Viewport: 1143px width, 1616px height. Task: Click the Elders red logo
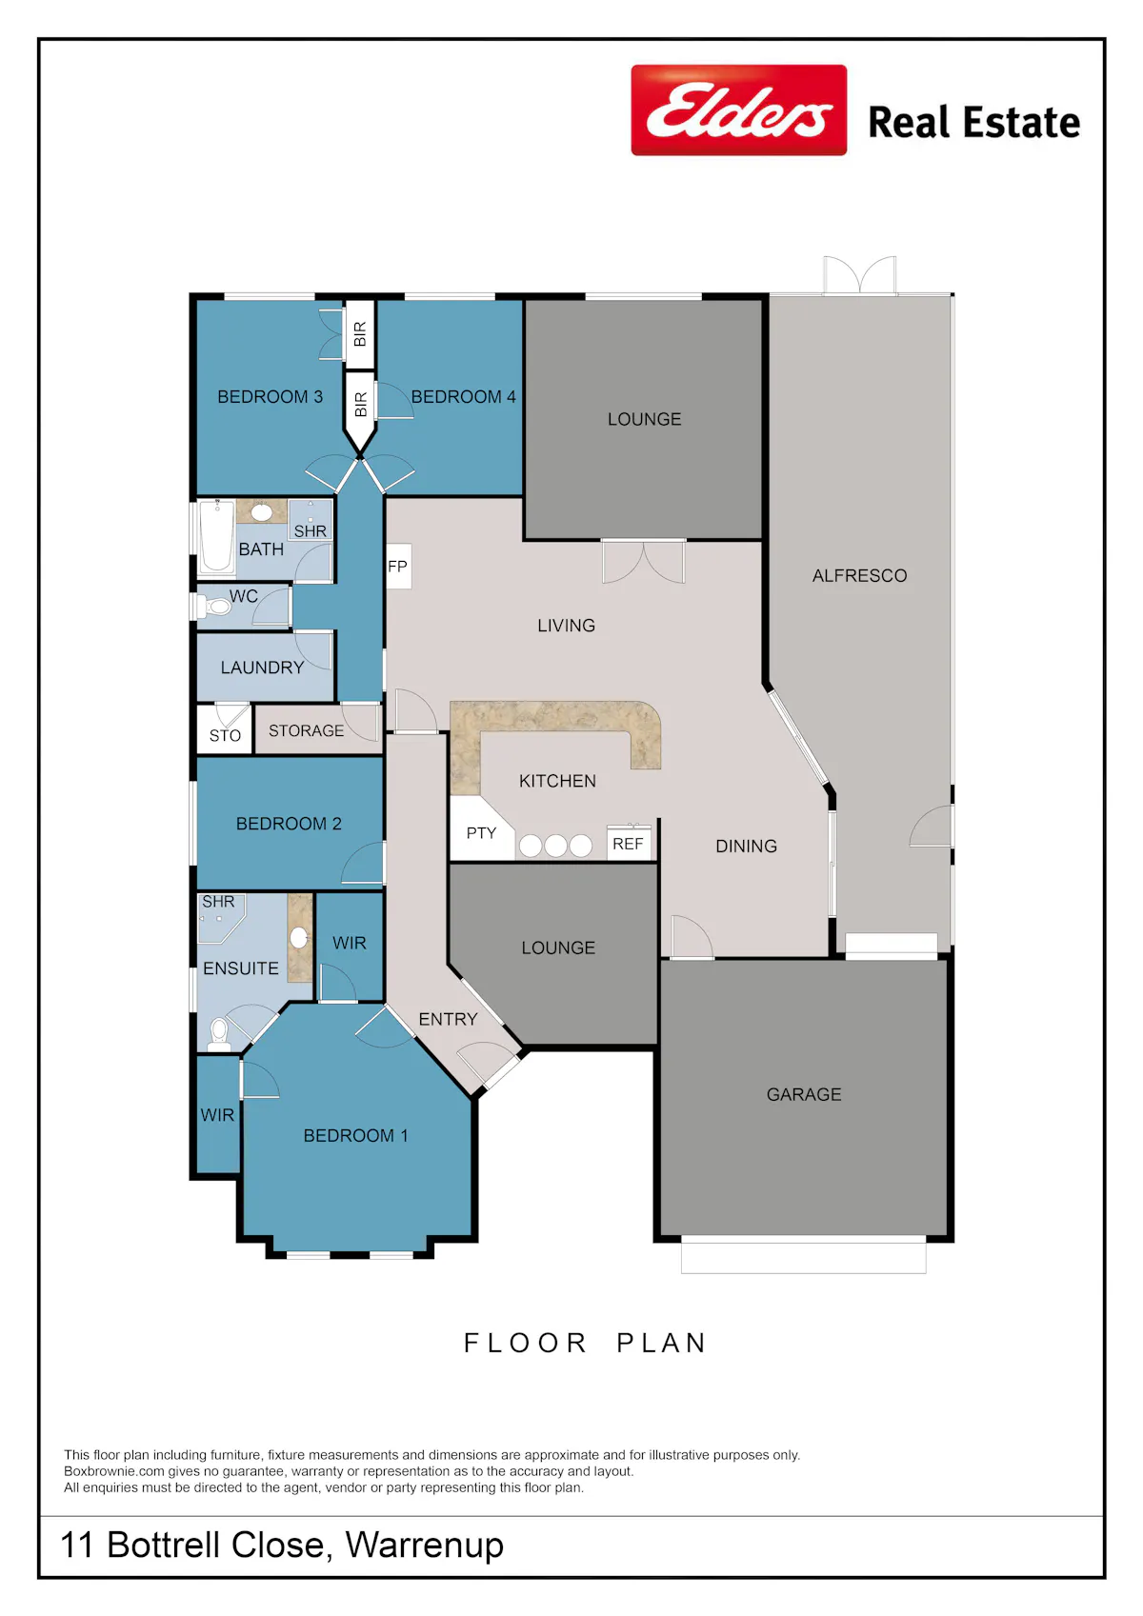point(738,110)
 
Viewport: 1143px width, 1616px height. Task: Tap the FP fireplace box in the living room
point(398,567)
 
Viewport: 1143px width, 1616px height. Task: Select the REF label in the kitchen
point(628,844)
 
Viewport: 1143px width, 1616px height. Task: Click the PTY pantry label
point(481,833)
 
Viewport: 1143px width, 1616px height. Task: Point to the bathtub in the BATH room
point(216,537)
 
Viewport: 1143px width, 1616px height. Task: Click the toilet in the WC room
point(214,607)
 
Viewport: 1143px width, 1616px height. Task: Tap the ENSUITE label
point(241,968)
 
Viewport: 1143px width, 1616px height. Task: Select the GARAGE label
point(804,1094)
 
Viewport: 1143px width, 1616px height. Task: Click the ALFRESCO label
point(859,576)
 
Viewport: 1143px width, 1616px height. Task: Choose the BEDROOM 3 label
point(270,397)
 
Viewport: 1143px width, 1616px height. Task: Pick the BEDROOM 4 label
point(463,397)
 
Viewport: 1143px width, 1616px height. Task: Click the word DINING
point(746,847)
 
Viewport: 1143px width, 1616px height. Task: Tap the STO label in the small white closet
point(225,736)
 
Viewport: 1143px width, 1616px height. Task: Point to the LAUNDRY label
point(262,668)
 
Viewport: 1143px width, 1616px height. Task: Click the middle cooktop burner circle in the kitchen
point(555,846)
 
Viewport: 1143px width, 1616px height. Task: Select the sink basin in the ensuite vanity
point(299,938)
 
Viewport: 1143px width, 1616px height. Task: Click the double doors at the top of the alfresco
point(859,275)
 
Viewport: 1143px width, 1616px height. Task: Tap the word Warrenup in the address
point(424,1546)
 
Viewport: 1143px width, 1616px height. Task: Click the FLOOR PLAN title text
point(585,1343)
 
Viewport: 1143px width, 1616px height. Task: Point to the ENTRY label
point(448,1019)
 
